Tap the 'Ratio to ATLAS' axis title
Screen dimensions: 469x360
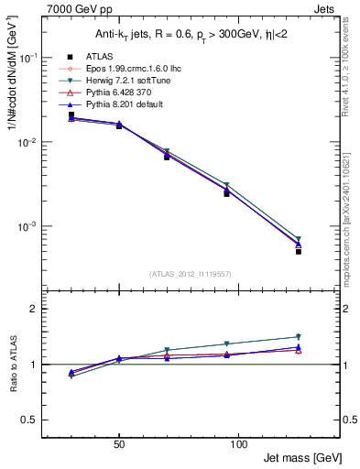coord(12,364)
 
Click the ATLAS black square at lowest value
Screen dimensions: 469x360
coord(299,251)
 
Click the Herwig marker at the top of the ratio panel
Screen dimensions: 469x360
coord(299,336)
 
